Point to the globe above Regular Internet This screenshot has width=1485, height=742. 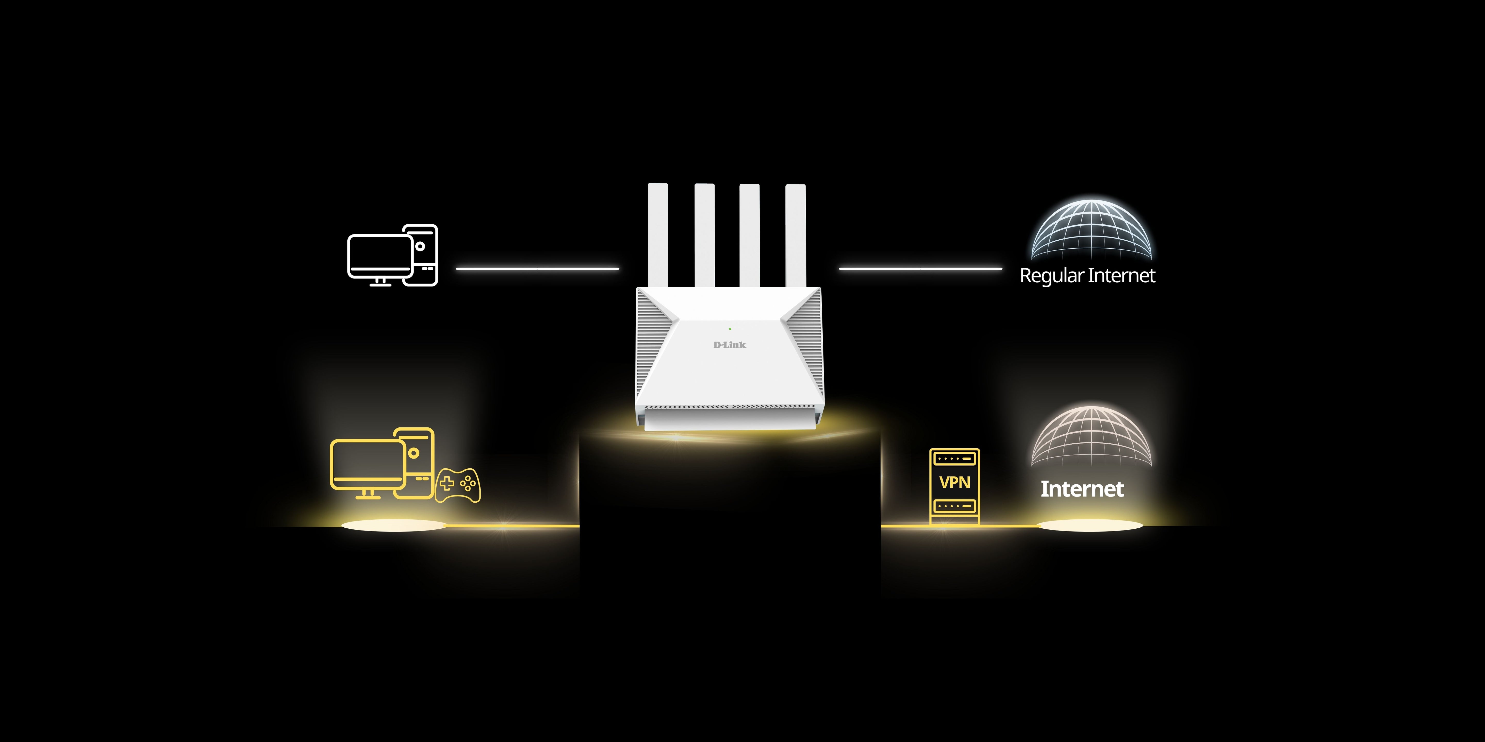coord(1091,230)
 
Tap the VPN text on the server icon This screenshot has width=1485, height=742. coord(955,482)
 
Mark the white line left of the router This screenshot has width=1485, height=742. coord(537,268)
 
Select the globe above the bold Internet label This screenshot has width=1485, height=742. coord(1091,437)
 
